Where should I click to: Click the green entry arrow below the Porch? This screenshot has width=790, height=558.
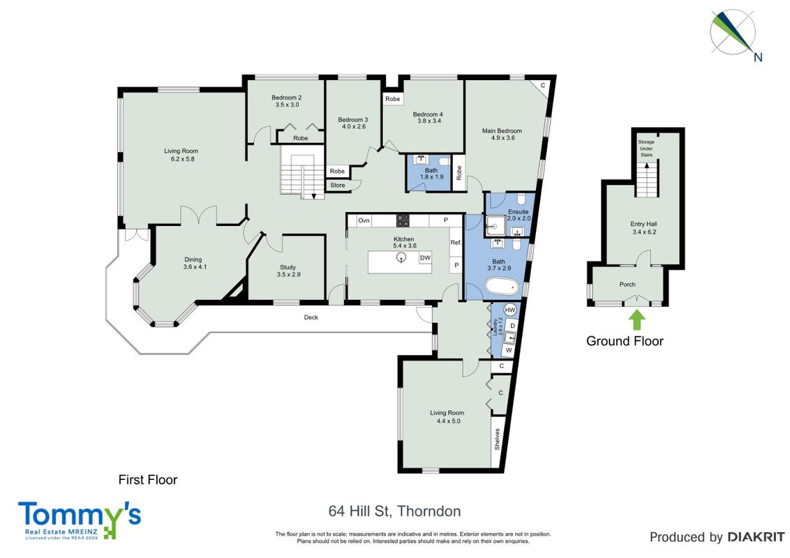click(x=637, y=319)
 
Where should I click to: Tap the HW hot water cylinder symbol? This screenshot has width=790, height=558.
click(x=510, y=310)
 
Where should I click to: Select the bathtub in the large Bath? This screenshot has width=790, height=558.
click(x=502, y=287)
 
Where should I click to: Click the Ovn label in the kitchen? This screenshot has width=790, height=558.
click(x=364, y=220)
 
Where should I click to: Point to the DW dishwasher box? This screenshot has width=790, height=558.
click(x=425, y=258)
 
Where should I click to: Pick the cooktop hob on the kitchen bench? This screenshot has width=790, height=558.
click(x=403, y=220)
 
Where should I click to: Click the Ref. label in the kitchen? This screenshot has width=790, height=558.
click(x=456, y=243)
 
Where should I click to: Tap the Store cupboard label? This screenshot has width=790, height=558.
click(x=338, y=186)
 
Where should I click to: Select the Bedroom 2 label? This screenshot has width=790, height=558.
click(x=287, y=98)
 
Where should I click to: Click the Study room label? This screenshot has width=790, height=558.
click(x=288, y=267)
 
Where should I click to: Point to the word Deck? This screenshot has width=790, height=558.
click(x=311, y=317)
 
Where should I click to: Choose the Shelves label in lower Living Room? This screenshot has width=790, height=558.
click(x=498, y=439)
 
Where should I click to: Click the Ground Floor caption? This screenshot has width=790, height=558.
click(x=625, y=341)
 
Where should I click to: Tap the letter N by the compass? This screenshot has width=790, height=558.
click(x=758, y=57)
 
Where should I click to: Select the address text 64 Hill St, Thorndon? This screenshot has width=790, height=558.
click(x=394, y=511)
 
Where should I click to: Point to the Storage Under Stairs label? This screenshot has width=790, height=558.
click(x=646, y=149)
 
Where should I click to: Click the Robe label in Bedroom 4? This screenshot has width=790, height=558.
click(x=392, y=99)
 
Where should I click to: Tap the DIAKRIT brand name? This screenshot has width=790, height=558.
click(x=756, y=537)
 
